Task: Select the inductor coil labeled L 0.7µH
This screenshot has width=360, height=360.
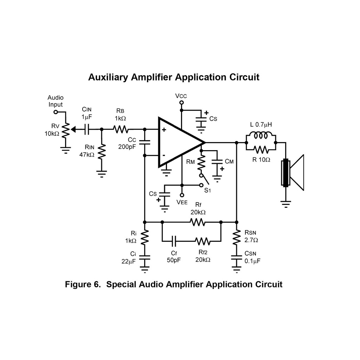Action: pos(261,136)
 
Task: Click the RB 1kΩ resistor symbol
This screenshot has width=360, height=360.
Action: pos(121,129)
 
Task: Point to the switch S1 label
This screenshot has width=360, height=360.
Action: pos(207,191)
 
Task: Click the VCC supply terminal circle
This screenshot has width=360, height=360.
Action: pos(182,103)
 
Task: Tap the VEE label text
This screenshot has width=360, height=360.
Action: pos(182,202)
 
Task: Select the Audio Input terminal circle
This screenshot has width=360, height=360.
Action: pos(56,112)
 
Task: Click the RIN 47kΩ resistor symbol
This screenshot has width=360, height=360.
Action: pos(102,152)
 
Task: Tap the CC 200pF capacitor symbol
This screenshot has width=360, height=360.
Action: pos(145,142)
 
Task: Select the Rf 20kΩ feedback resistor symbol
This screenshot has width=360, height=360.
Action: pos(197,222)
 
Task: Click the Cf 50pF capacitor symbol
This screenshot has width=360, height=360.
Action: pos(174,241)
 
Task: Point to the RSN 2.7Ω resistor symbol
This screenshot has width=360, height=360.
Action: pos(236,238)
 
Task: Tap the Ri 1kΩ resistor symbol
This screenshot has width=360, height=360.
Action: pos(145,238)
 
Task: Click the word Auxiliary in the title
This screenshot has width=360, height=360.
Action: pos(108,77)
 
